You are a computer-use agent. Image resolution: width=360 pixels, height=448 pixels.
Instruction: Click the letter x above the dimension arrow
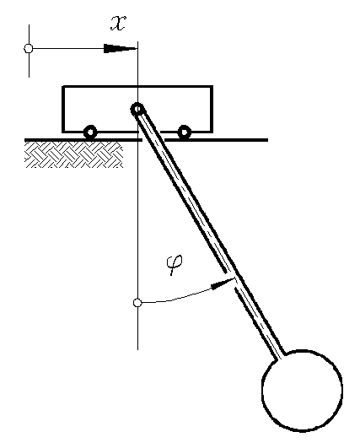click(x=118, y=23)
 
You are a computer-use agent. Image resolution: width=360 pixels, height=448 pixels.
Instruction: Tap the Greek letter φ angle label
click(x=175, y=264)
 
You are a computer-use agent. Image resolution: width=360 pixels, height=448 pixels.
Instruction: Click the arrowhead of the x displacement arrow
click(x=121, y=48)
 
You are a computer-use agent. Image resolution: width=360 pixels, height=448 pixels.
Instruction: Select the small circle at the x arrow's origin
click(x=29, y=48)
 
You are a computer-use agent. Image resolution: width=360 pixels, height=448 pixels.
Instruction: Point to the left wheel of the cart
click(x=90, y=132)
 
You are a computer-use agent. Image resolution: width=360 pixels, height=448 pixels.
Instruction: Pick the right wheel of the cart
click(x=184, y=132)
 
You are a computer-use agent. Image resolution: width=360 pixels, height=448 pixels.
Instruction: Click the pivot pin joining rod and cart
click(x=137, y=109)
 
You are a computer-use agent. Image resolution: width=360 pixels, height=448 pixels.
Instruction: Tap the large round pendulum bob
click(x=302, y=390)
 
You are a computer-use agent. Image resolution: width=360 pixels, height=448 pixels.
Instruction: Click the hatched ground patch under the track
click(x=74, y=154)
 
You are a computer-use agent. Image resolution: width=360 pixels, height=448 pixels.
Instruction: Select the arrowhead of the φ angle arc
click(x=223, y=283)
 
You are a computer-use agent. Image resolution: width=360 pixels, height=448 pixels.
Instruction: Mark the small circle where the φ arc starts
click(x=137, y=303)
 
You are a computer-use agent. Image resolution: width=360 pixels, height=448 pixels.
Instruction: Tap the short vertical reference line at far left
click(x=29, y=51)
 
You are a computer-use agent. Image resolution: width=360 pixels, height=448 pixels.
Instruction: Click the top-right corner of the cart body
click(x=212, y=86)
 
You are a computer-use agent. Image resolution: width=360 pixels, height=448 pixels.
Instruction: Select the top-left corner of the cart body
click(x=62, y=86)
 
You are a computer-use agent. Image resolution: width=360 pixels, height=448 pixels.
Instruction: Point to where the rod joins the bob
click(x=280, y=356)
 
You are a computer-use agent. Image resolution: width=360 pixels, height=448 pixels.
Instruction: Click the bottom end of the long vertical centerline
click(x=138, y=349)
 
